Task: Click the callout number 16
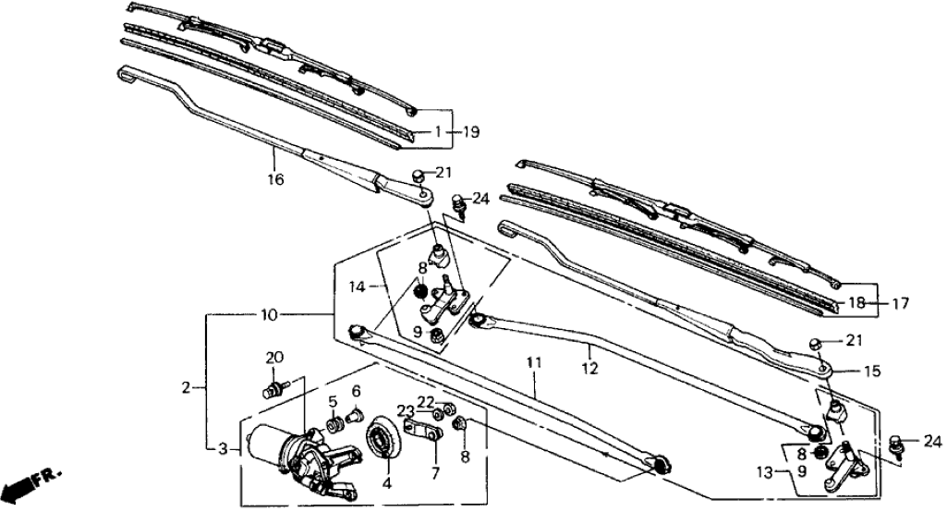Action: [276, 178]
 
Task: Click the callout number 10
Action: [268, 315]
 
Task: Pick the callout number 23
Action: [405, 411]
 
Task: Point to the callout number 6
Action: [355, 392]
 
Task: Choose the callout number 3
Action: [223, 449]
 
